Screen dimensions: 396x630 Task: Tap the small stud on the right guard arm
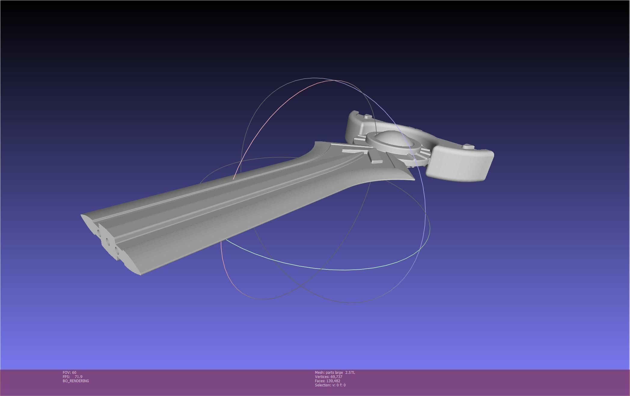[x=468, y=147]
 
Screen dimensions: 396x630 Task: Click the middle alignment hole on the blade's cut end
[x=107, y=241]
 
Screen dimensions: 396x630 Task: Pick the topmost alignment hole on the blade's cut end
[x=99, y=232]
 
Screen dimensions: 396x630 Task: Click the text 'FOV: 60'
[x=69, y=372]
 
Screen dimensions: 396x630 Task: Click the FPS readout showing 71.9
[x=72, y=376]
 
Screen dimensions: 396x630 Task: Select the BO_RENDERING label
[x=76, y=381]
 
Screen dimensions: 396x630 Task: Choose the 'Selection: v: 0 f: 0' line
[x=330, y=385]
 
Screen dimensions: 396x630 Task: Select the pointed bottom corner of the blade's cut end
[x=140, y=274]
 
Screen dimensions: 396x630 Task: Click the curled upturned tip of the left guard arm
[x=354, y=113]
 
